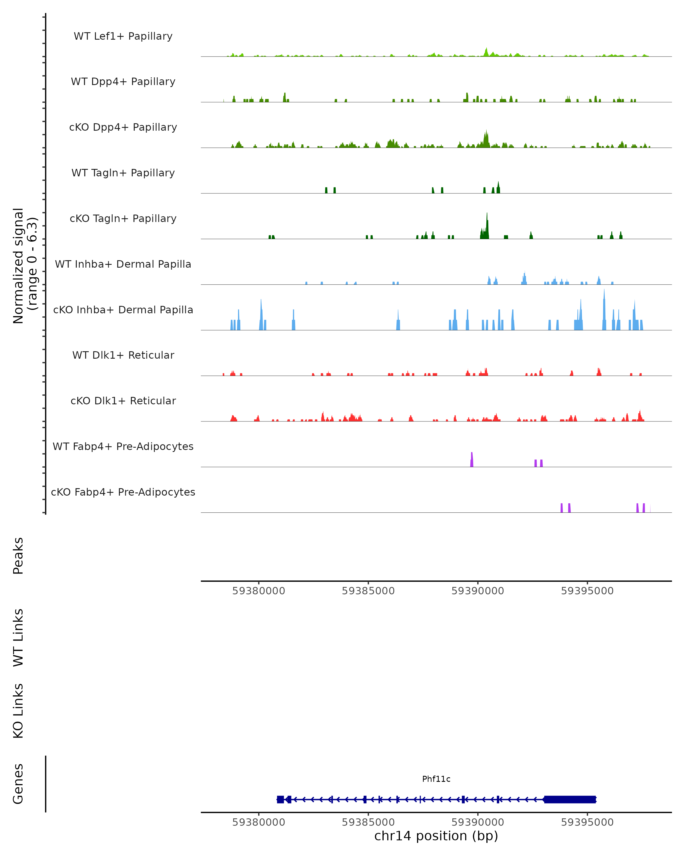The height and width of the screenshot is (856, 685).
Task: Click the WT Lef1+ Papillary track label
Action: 123,36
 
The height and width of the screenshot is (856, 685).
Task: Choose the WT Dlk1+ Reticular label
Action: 123,355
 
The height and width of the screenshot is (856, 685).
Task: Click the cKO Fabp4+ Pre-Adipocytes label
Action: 123,492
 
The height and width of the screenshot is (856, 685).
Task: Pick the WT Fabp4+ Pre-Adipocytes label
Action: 123,446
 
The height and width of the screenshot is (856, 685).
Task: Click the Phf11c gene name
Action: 436,779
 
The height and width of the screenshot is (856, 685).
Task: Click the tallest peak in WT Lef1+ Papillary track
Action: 486,52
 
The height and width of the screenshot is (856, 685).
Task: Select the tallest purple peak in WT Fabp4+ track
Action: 472,459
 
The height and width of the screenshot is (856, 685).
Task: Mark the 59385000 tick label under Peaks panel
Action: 368,591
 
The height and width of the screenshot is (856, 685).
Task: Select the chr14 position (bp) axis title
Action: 436,836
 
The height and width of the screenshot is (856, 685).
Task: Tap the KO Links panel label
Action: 18,711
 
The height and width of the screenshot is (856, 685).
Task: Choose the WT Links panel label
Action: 18,637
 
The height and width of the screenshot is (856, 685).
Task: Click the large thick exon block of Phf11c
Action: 570,799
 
